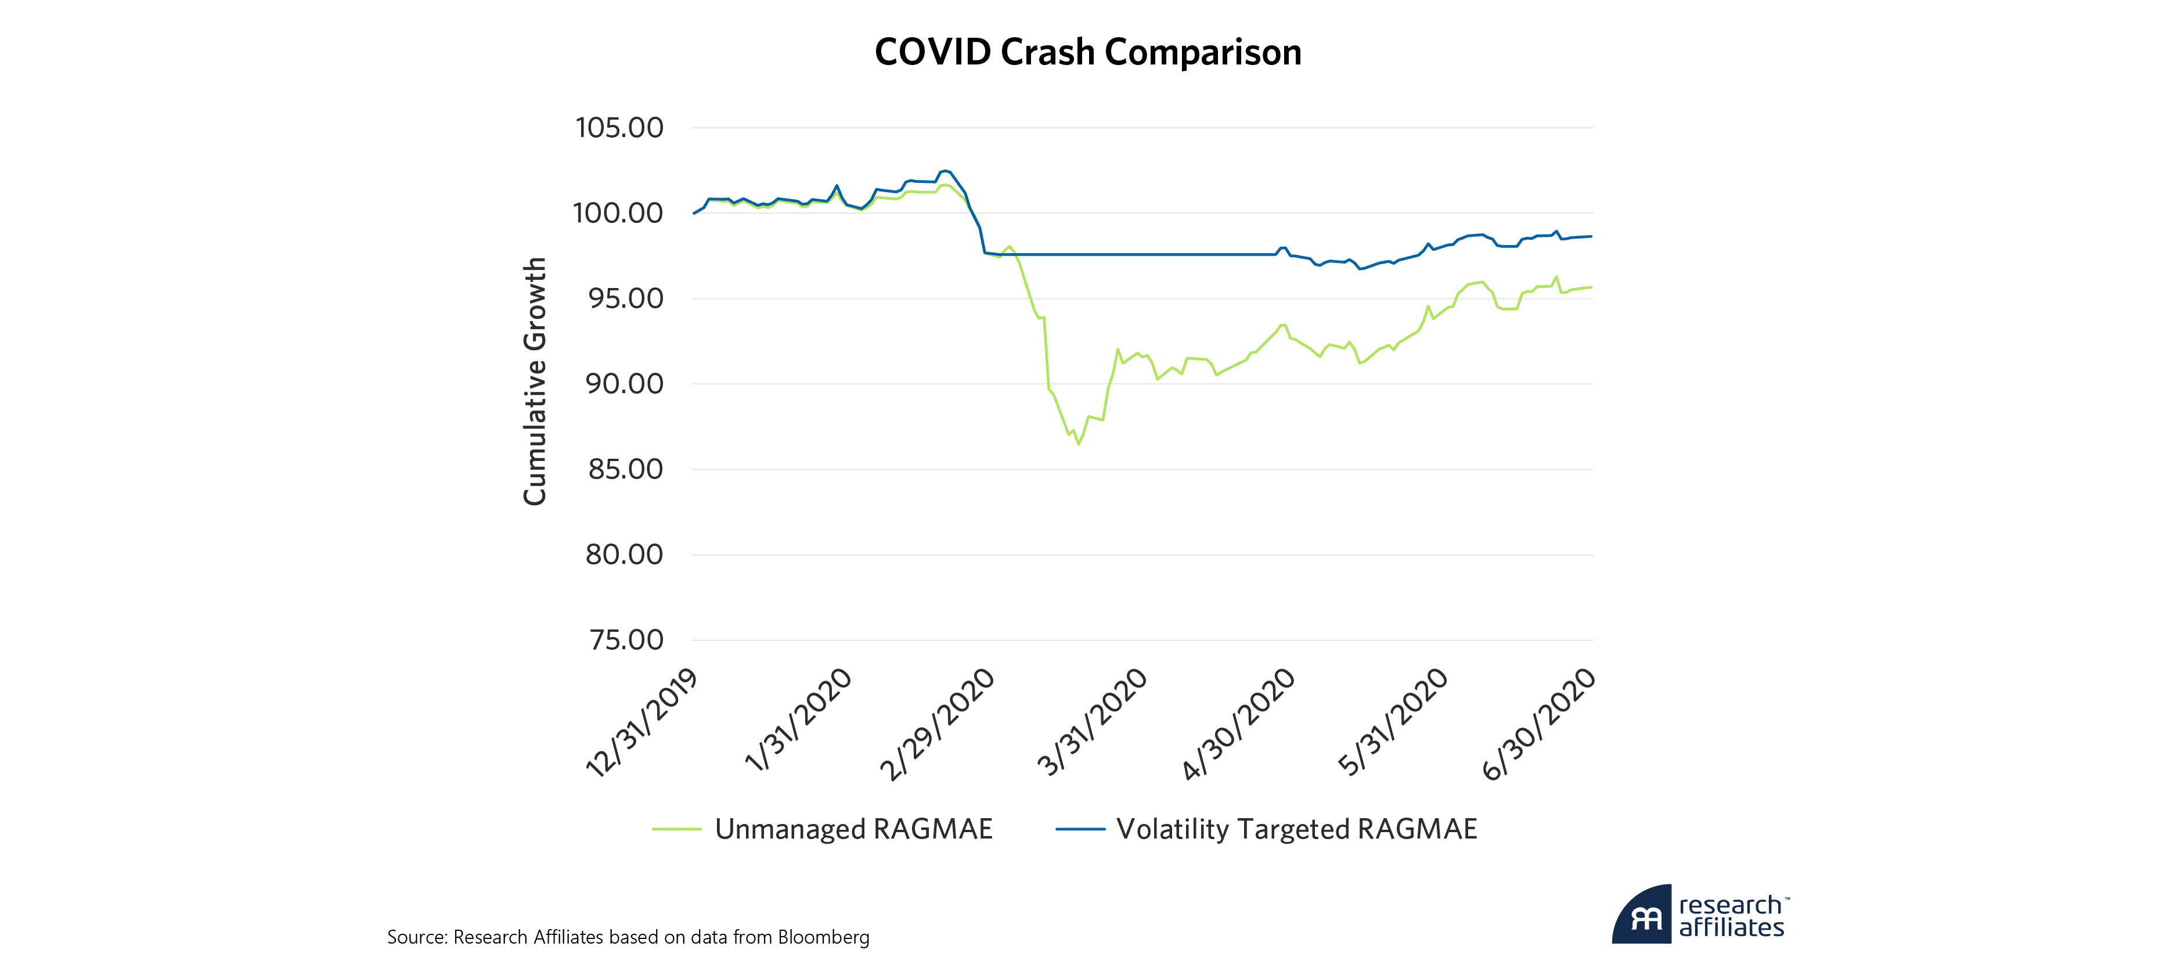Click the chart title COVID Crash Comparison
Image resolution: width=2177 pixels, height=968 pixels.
tap(1088, 52)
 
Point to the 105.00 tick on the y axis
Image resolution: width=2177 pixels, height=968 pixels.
tap(619, 128)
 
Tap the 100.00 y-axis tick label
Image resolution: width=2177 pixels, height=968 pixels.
tap(618, 213)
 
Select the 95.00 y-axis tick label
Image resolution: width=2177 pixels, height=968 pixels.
tap(625, 298)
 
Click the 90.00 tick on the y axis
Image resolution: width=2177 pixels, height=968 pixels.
tap(625, 384)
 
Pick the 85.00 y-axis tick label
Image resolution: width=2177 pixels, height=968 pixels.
tap(625, 469)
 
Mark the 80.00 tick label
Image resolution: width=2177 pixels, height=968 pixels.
tap(625, 555)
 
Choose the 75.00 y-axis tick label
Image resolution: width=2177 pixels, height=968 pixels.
tap(626, 640)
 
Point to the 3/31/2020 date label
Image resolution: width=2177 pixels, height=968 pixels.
tap(1092, 723)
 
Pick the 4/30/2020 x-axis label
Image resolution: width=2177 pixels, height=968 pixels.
tap(1239, 725)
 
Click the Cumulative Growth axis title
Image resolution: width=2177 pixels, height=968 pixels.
tap(535, 382)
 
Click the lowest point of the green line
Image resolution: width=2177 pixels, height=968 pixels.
tap(1079, 444)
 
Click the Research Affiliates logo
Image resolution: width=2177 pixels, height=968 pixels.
tap(1700, 915)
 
